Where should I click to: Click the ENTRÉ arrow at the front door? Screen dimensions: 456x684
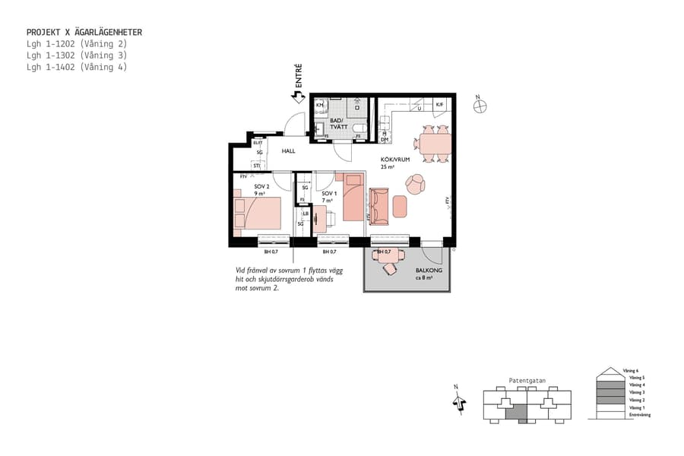tap(299, 97)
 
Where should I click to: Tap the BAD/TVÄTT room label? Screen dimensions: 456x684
tap(336, 125)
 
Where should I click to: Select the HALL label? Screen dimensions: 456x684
tap(288, 151)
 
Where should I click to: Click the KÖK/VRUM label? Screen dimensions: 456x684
tap(395, 160)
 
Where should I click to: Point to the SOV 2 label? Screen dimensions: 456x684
tap(261, 185)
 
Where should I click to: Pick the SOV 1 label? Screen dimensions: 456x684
tap(328, 193)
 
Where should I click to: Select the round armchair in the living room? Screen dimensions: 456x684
tap(416, 184)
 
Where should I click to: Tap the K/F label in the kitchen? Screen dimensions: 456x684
tap(439, 104)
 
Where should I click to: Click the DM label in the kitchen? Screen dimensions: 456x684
tap(385, 139)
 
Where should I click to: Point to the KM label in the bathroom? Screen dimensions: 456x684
tap(320, 106)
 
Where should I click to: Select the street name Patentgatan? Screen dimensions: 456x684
tap(527, 381)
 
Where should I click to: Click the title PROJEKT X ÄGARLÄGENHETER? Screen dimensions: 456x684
tap(84, 33)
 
